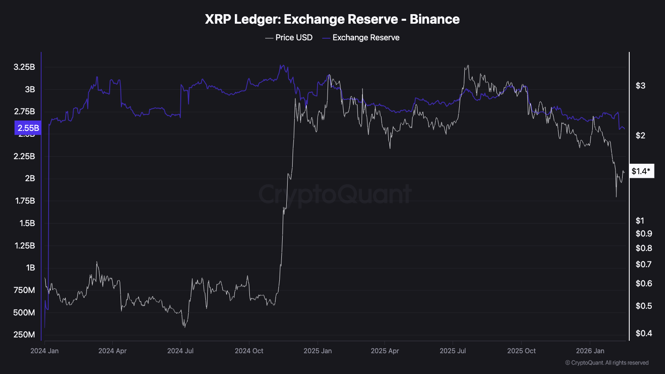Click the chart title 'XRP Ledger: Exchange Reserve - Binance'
332,19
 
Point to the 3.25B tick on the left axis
25,67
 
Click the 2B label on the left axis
30,178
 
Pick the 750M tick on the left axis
25,290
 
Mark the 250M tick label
25,335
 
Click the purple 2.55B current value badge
28,128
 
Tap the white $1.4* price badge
641,171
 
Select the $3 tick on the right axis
640,86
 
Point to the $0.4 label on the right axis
644,333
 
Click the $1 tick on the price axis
640,221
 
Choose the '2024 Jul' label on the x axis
180,351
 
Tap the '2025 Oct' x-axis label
521,351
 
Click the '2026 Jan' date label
590,351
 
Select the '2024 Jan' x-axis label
44,351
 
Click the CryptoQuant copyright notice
607,363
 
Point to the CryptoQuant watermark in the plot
335,194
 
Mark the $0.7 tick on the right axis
644,264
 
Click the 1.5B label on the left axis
27,223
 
